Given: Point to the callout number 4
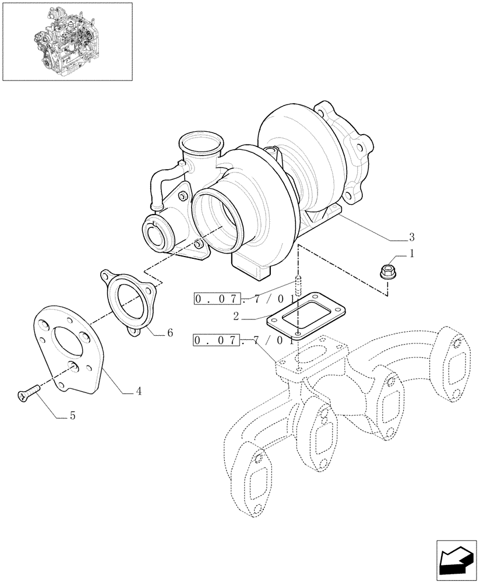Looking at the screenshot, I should click(138, 392).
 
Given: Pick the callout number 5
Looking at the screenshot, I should click(72, 416).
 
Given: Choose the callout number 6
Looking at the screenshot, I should click(170, 333).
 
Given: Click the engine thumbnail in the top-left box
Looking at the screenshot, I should click(67, 41).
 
